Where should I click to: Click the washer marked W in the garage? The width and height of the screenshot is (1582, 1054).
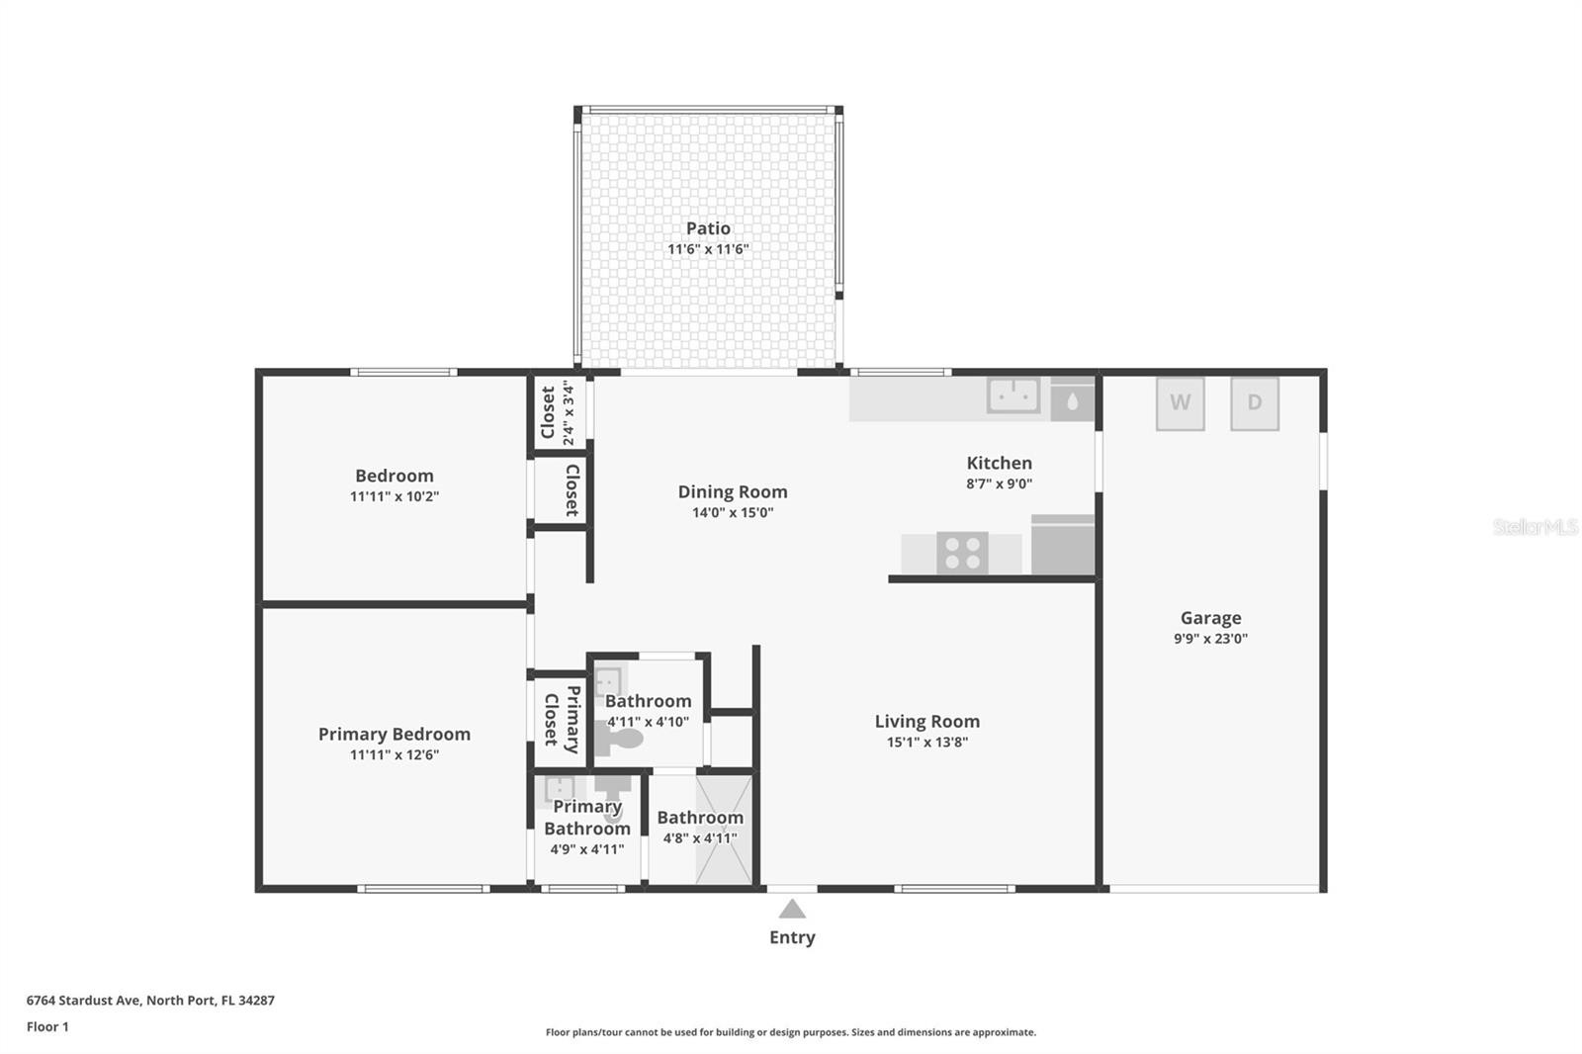point(1181,403)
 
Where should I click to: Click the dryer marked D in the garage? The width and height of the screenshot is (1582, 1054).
point(1255,403)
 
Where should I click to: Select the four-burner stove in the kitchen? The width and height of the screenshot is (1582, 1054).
point(962,553)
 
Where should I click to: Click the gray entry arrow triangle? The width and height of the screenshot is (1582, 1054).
point(792,909)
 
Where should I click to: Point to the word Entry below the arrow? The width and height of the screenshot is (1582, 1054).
point(792,937)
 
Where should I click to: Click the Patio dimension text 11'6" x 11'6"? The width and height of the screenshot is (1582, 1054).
point(708,249)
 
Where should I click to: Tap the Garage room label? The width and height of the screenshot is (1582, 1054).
point(1210,618)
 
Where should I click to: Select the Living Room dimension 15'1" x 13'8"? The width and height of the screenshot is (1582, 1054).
point(927,742)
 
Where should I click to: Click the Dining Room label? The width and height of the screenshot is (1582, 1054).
point(733,491)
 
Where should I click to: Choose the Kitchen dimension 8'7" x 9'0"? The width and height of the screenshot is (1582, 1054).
point(1000,483)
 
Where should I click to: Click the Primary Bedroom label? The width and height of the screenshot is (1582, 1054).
point(395,735)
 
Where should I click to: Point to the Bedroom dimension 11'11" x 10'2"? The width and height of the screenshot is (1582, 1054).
point(395,496)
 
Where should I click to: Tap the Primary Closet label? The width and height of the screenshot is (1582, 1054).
point(563,719)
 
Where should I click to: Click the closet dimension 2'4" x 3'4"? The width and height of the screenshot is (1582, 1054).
point(569,412)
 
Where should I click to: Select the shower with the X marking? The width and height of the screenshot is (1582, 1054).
point(724,830)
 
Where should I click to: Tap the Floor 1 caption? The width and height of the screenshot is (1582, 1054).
point(47,1027)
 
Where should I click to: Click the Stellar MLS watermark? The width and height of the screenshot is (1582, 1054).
point(1536,527)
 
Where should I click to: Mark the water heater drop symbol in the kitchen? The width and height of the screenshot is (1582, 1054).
point(1072,401)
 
